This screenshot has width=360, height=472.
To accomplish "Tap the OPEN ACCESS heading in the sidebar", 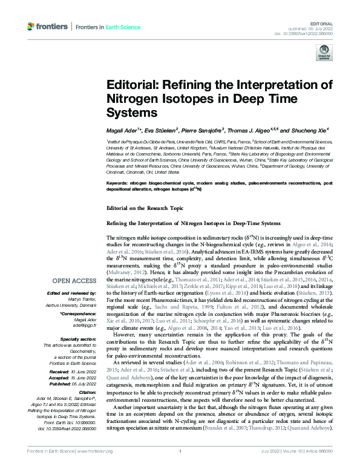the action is coord(75,281).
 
